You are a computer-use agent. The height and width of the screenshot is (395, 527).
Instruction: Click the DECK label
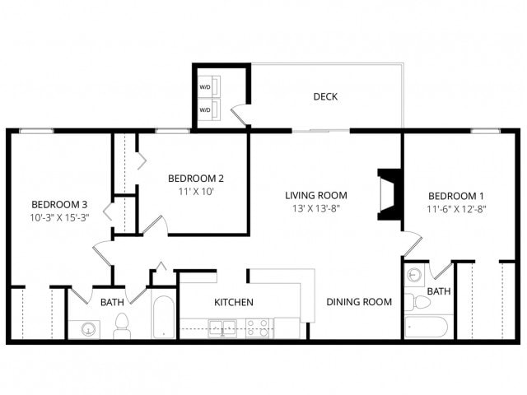325,97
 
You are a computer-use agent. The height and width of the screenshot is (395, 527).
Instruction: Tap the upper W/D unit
205,86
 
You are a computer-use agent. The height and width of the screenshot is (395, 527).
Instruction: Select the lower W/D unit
205,109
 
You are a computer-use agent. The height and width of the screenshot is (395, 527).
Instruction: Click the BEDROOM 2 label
196,178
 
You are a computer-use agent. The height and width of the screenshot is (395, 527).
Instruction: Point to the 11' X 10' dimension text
196,191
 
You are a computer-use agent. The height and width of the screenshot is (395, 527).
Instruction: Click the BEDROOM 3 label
59,204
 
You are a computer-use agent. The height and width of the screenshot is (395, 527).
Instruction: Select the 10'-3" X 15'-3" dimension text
59,218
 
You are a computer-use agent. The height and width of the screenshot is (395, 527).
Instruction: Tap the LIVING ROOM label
316,195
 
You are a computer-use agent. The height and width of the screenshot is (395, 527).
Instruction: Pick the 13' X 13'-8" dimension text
316,208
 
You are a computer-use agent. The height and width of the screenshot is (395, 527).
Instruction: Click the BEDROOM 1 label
456,195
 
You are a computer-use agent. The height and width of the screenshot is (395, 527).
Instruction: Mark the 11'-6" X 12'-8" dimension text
456,208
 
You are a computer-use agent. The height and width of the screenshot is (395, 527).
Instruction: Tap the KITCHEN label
234,302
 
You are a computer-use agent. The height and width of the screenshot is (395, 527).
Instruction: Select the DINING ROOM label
358,302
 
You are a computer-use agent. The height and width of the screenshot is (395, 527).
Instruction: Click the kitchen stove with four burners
257,328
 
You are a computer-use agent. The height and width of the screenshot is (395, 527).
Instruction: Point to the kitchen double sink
219,328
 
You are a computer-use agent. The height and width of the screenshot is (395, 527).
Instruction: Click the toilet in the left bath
122,326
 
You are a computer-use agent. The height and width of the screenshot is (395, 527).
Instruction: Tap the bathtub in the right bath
427,327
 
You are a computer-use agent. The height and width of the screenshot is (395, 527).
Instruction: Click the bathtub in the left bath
163,317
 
